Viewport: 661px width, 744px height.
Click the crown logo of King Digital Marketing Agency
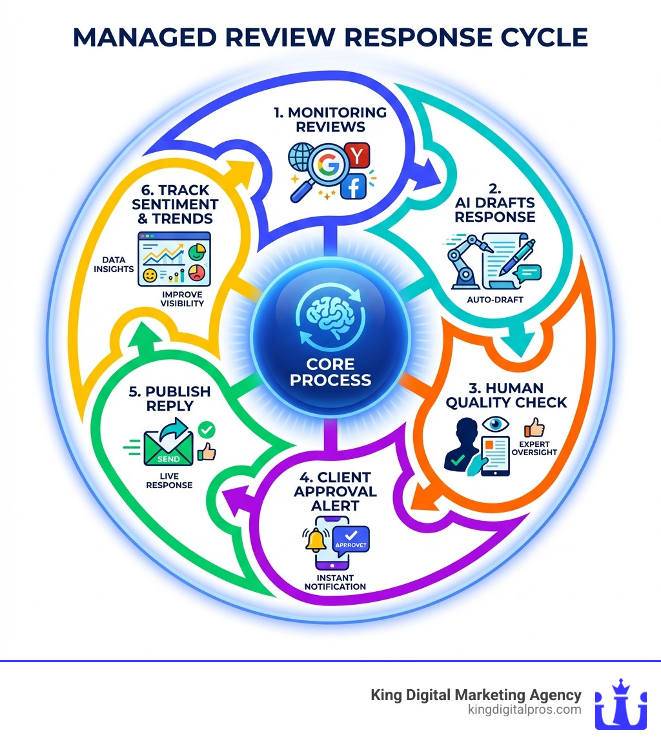(620, 704)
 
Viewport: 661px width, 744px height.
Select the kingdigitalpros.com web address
(524, 710)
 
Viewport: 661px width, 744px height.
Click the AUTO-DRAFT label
(493, 300)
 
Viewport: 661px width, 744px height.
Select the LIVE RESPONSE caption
(170, 480)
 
